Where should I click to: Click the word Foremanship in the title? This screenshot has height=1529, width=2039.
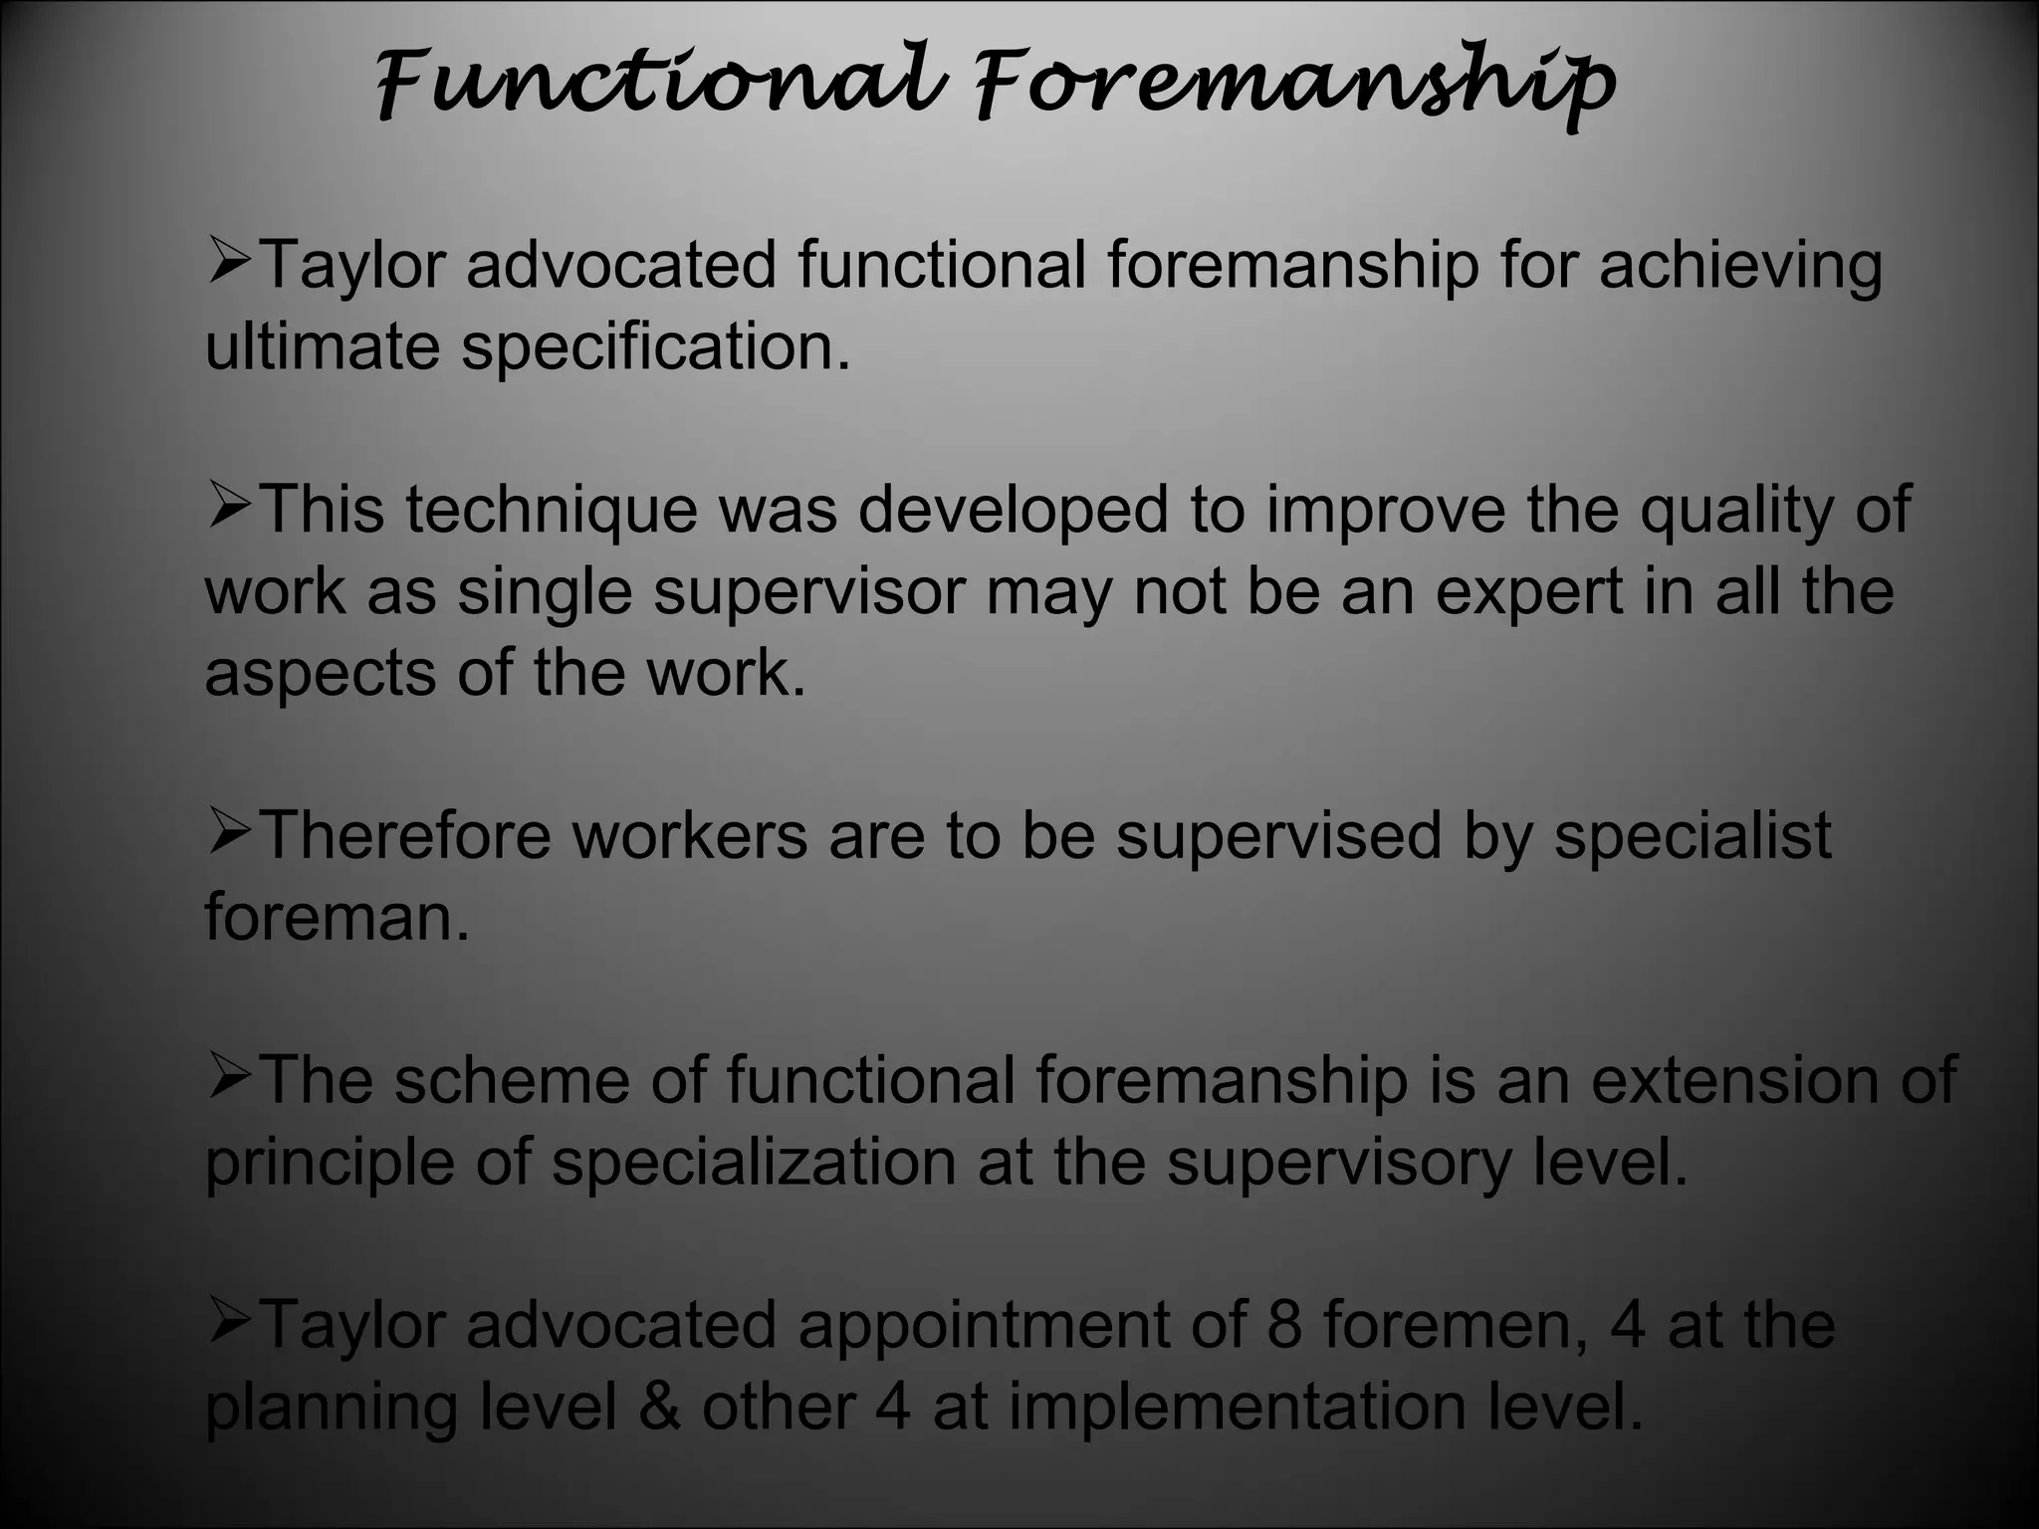1294,85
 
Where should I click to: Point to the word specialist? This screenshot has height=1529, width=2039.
1692,836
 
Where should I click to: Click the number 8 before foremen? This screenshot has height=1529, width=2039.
1284,1325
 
